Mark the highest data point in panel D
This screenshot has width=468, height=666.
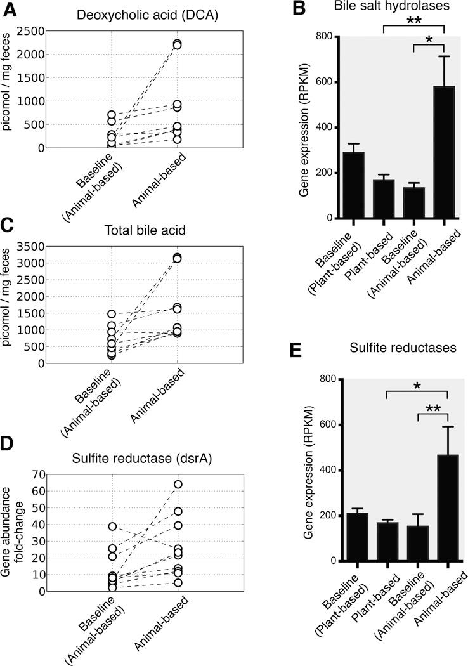coord(178,484)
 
